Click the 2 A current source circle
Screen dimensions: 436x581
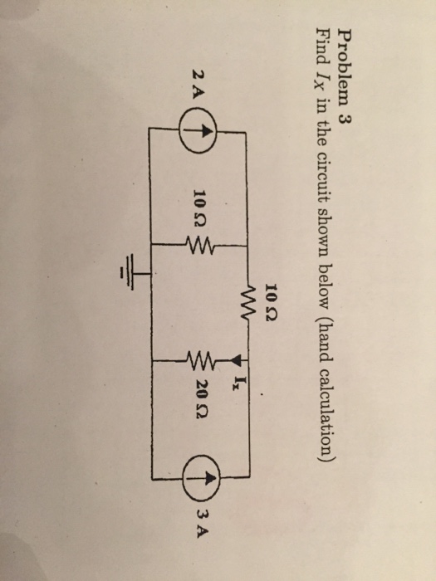(x=198, y=131)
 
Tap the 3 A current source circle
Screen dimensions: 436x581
(x=202, y=478)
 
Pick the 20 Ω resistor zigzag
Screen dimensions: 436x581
(x=202, y=360)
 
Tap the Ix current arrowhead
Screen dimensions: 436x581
(x=238, y=359)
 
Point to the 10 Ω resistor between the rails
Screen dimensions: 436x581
(x=199, y=245)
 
